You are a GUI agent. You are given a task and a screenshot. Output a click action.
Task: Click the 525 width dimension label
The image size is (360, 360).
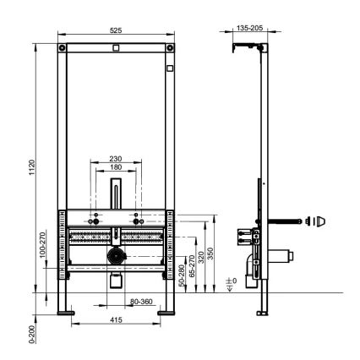(x=116, y=30)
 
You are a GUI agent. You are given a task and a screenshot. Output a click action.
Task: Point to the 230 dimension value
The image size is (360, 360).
(x=116, y=157)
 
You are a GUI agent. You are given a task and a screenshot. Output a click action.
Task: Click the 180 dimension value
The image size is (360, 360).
(x=116, y=167)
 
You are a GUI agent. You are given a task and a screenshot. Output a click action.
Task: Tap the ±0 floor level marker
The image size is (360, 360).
(x=231, y=287)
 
